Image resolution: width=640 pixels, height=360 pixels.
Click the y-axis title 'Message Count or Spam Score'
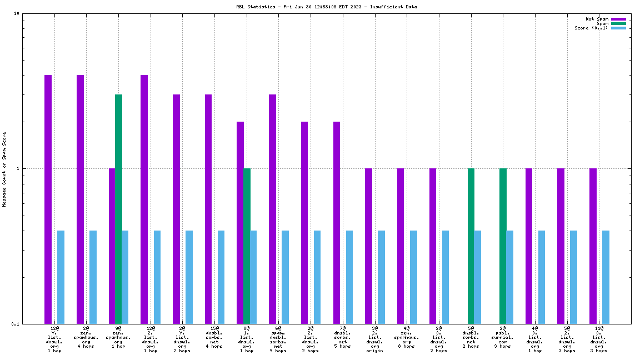pos(4,169)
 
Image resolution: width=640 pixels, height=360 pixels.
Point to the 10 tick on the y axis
pos(17,14)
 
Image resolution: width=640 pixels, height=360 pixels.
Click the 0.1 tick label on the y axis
pos(15,324)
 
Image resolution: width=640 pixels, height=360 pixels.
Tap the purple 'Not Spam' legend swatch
pos(618,19)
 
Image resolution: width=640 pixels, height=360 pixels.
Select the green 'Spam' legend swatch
pos(618,23)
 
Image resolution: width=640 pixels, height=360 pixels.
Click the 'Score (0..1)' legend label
pos(592,28)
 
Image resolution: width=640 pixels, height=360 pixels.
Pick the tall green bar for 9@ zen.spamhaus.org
pos(118,209)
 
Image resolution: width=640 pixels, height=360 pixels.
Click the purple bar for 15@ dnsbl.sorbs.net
pos(208,209)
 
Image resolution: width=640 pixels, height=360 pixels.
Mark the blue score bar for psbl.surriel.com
pos(509,277)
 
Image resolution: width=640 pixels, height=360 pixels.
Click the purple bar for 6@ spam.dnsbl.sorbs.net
pos(272,209)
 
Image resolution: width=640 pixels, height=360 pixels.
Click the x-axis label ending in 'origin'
pos(374,339)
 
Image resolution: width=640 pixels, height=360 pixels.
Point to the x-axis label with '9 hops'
pos(278,339)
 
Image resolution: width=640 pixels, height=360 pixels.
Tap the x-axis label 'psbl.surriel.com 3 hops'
pos(502,337)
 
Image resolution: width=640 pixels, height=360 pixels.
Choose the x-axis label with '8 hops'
pos(407,337)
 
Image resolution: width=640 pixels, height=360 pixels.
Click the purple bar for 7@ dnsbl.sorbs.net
pos(337,222)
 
